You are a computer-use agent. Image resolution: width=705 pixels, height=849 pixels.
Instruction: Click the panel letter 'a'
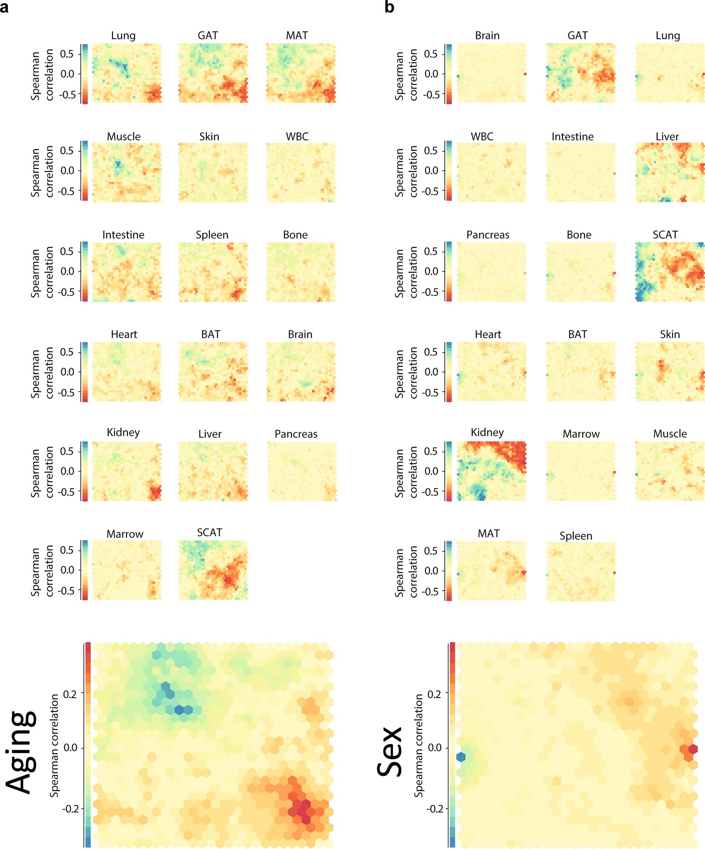coord(5,8)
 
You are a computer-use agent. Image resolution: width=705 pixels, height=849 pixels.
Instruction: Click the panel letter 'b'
coord(389,7)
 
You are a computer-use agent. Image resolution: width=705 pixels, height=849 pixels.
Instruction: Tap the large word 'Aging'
coord(22,752)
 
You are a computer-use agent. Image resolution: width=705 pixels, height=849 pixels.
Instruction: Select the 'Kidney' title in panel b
coord(487,432)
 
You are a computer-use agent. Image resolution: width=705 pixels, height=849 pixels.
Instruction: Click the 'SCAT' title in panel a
coord(209,532)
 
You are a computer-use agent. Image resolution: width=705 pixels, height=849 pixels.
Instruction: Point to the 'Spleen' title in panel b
coord(576,536)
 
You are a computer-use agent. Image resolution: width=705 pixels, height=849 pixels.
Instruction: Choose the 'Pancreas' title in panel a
coord(296,434)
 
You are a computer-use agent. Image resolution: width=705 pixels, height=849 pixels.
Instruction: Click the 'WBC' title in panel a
coord(297,137)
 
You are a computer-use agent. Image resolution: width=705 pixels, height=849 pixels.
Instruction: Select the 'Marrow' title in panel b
coord(581,434)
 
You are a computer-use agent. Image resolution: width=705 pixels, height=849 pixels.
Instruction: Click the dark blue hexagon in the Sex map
coord(461,757)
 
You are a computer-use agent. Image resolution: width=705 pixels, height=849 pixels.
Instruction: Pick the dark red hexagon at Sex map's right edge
coord(693,749)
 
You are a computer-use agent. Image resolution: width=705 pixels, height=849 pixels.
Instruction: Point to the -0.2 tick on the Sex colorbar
coord(434,808)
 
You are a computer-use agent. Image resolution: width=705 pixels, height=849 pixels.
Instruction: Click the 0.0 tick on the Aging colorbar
coord(70,747)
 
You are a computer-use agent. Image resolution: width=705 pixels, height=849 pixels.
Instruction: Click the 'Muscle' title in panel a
coord(123,137)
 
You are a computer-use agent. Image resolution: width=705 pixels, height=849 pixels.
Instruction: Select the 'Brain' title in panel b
coord(487,36)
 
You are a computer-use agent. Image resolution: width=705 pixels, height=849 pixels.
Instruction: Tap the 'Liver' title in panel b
coord(667,137)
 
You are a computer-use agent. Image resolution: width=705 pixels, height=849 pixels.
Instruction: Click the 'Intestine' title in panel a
coord(123,235)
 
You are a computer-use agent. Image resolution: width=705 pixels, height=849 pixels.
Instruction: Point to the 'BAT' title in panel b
coord(577,334)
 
